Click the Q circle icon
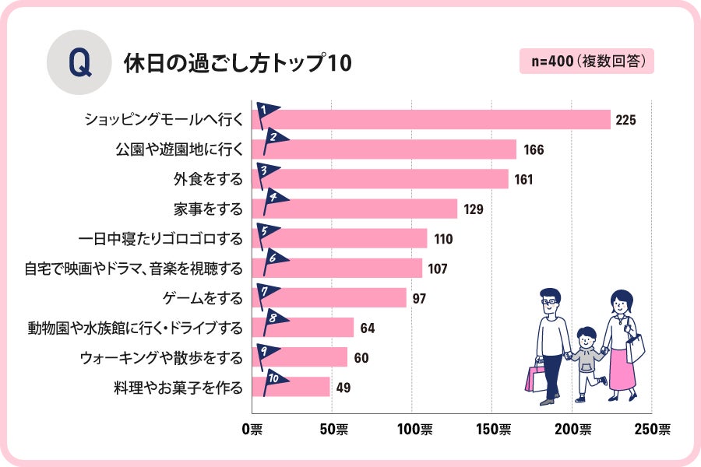[79, 62]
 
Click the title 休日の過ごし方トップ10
[238, 64]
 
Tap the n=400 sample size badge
[587, 61]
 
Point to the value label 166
[534, 149]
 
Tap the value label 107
[437, 269]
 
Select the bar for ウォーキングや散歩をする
[300, 357]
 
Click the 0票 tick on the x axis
[252, 429]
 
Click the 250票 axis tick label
[651, 429]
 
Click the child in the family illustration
[588, 361]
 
